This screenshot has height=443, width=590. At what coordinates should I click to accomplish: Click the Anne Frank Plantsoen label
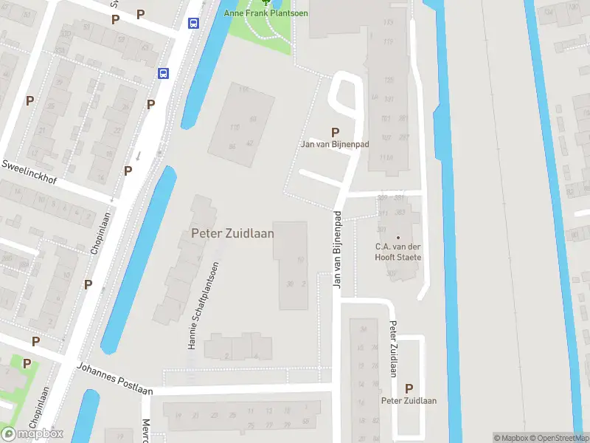(x=266, y=13)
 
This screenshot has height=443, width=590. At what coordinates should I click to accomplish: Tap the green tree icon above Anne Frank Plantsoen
(x=266, y=2)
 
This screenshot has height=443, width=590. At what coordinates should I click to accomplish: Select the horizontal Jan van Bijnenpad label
(x=335, y=145)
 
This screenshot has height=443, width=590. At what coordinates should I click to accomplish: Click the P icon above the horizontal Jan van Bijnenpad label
(x=336, y=132)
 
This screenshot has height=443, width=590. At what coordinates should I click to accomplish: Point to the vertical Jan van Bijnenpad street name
(x=338, y=250)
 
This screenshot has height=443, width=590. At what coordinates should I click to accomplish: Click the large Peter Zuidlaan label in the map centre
(x=232, y=233)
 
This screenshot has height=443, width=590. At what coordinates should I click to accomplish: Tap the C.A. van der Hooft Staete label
(x=398, y=252)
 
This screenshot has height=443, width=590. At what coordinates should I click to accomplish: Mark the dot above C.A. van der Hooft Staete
(x=398, y=236)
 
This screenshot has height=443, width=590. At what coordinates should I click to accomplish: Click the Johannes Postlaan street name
(x=114, y=377)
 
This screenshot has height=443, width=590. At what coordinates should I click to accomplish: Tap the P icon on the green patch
(x=27, y=363)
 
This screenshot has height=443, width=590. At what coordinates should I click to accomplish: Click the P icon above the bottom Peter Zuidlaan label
(x=409, y=388)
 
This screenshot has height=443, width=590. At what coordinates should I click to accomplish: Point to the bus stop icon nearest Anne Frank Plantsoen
(x=193, y=23)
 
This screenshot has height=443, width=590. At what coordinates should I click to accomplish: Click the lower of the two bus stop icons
(x=163, y=73)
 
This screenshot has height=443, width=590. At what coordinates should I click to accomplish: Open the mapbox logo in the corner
(x=32, y=433)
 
